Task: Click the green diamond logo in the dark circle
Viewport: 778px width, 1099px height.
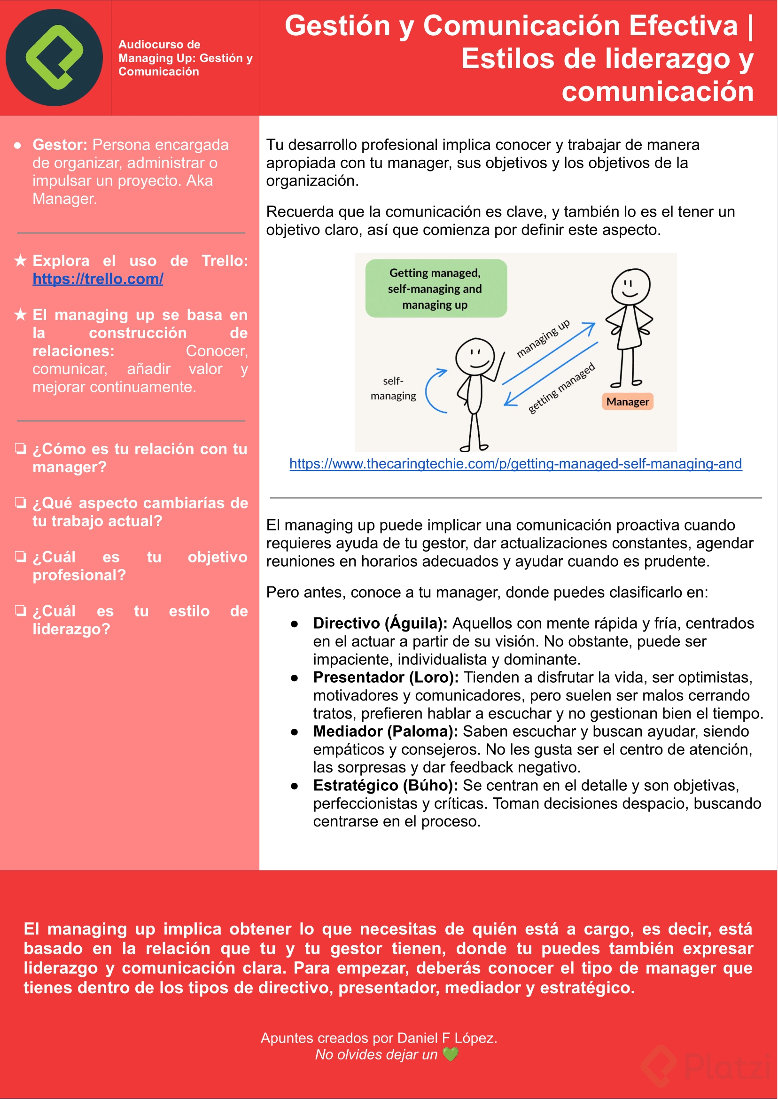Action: (x=54, y=57)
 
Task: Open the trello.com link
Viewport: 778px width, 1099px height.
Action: (x=98, y=279)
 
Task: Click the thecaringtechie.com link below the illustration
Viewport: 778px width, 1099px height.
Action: (x=515, y=464)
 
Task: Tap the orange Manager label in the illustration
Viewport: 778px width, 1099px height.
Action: (x=627, y=401)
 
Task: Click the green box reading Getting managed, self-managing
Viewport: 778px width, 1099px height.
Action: (x=436, y=288)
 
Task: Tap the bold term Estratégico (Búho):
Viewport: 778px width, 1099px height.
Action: (x=385, y=786)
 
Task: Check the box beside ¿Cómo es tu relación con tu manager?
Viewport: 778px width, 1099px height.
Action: (x=21, y=448)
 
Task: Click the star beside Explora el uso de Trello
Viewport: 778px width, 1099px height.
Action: (x=21, y=261)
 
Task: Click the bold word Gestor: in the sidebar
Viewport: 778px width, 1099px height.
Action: (x=60, y=145)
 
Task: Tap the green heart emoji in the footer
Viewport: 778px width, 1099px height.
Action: (x=450, y=1054)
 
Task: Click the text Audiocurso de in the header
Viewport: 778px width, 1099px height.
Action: (x=159, y=45)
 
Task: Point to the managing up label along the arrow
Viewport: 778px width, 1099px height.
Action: (x=543, y=338)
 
